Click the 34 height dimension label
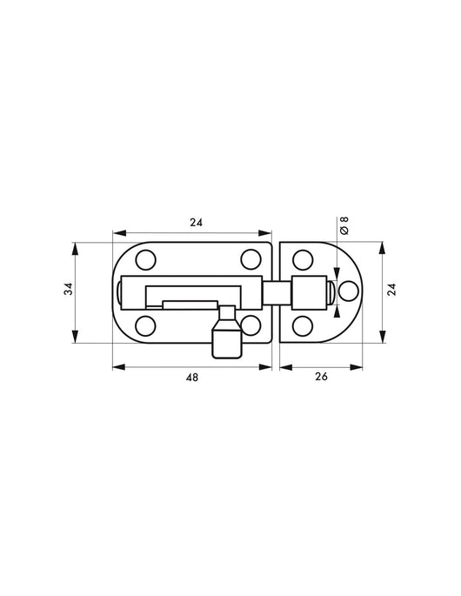click(67, 291)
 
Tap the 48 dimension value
click(190, 380)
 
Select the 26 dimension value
click(320, 380)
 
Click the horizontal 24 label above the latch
click(196, 223)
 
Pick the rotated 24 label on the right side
click(391, 291)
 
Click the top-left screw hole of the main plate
click(145, 258)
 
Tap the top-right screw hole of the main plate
click(251, 258)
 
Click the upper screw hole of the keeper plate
click(302, 258)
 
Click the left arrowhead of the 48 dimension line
click(117, 367)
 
